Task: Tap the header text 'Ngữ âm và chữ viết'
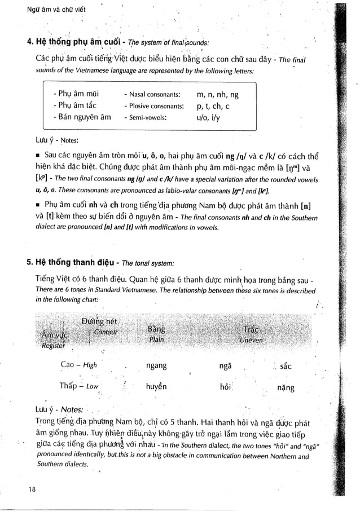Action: click(x=43, y=7)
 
